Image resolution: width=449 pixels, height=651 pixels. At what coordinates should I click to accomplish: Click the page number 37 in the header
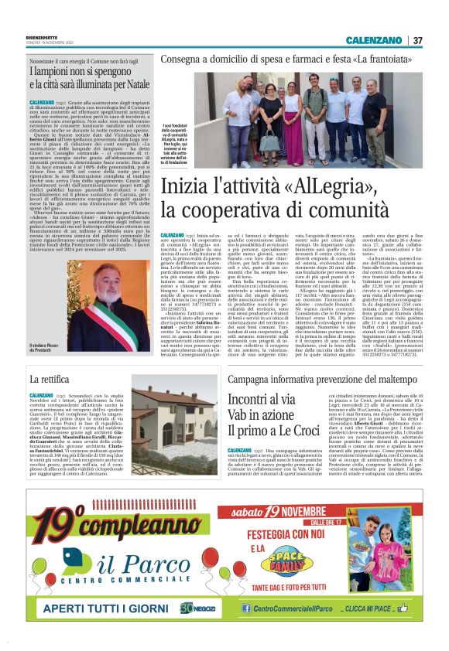[x=417, y=40]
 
